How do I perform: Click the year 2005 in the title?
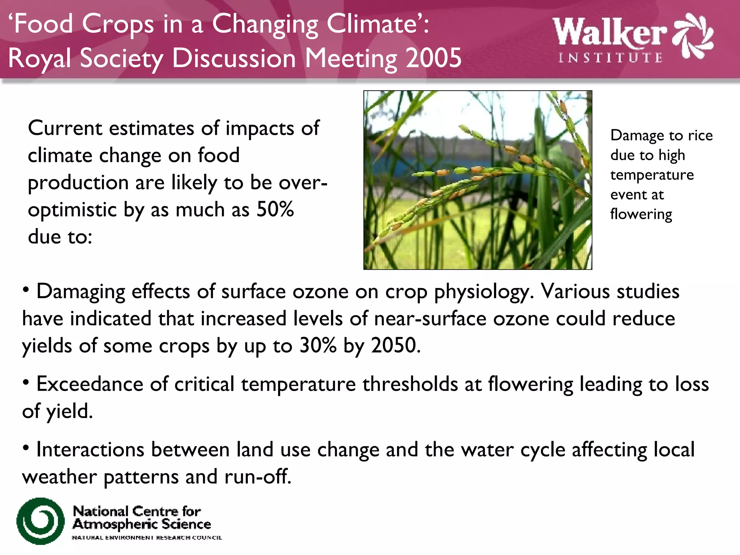click(433, 58)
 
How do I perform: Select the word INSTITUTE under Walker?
click(610, 58)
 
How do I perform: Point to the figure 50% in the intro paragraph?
click(275, 209)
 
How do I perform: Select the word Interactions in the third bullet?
click(90, 449)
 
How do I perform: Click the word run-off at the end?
click(257, 477)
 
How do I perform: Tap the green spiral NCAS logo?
click(40, 521)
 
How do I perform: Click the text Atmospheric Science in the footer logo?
click(142, 524)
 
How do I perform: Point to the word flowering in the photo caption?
click(641, 214)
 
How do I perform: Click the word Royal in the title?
click(40, 59)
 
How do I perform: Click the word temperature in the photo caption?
click(652, 175)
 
